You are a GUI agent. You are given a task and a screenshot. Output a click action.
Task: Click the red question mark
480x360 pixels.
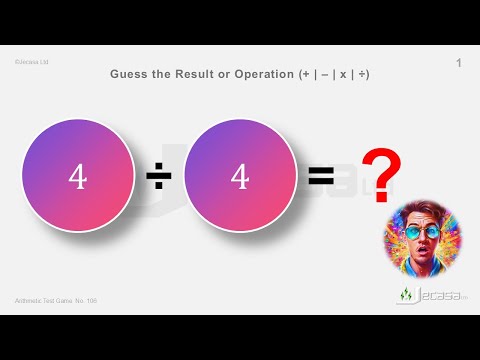click(382, 172)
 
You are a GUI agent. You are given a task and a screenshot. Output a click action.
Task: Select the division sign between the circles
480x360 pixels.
click(158, 178)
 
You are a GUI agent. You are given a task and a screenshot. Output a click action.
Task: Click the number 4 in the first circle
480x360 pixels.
click(77, 177)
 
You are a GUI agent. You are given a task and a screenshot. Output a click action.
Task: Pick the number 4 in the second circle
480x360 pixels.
click(239, 177)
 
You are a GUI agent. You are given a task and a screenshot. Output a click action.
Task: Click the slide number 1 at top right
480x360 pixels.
click(458, 64)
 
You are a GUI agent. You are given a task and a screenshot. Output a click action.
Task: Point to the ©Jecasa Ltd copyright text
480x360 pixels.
click(32, 62)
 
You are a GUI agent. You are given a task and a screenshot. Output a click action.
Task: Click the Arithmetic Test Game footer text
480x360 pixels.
click(56, 300)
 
